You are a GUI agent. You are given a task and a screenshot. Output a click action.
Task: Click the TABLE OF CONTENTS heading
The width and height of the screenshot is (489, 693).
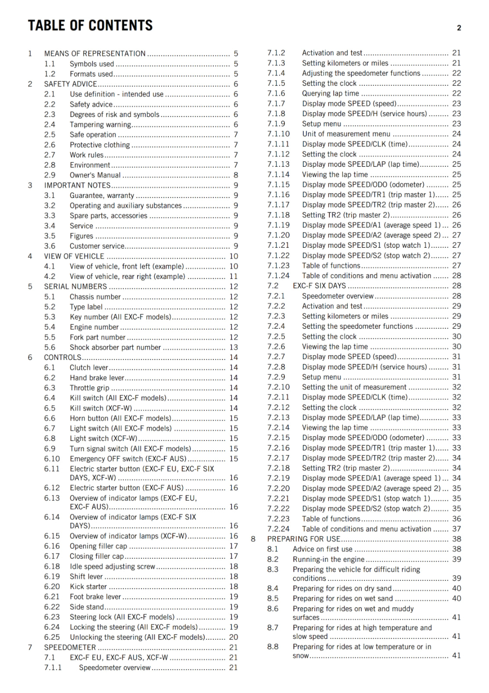(90, 26)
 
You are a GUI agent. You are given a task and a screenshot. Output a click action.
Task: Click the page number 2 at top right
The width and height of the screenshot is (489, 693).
(459, 28)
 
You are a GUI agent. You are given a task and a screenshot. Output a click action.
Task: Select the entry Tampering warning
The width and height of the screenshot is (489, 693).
(100, 125)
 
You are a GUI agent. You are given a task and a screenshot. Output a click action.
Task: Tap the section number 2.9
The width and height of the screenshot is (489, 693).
(50, 175)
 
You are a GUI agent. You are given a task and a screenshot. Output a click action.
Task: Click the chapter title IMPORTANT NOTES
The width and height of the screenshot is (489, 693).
(77, 185)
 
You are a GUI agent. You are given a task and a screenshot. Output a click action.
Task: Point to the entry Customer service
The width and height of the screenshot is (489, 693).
(97, 246)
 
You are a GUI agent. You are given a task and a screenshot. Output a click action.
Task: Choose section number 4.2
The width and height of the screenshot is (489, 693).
(50, 276)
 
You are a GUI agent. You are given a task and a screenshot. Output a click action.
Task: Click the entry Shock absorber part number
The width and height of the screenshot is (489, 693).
(115, 347)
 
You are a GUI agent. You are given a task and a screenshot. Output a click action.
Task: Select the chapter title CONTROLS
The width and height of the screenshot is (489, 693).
(63, 357)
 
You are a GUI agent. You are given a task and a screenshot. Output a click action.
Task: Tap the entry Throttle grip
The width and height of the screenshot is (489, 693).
(89, 388)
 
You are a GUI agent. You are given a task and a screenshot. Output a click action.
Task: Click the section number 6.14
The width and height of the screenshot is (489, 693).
(52, 517)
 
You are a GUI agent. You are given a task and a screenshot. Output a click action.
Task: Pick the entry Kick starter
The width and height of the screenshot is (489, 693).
(88, 587)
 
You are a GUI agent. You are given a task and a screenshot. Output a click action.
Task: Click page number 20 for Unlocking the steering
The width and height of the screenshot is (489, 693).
(234, 637)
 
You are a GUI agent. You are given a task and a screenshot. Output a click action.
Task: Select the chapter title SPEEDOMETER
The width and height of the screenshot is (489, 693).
(70, 648)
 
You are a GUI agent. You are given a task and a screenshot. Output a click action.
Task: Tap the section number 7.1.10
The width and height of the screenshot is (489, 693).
(278, 134)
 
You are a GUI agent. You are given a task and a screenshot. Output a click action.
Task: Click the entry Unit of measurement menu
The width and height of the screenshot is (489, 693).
(346, 134)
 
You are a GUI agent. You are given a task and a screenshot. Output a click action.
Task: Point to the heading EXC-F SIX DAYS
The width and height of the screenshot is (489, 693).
(319, 286)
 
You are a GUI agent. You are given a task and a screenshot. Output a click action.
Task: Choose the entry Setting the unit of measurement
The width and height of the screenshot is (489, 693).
(354, 387)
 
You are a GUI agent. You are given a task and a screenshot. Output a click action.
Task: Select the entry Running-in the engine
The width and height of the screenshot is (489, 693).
(328, 560)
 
